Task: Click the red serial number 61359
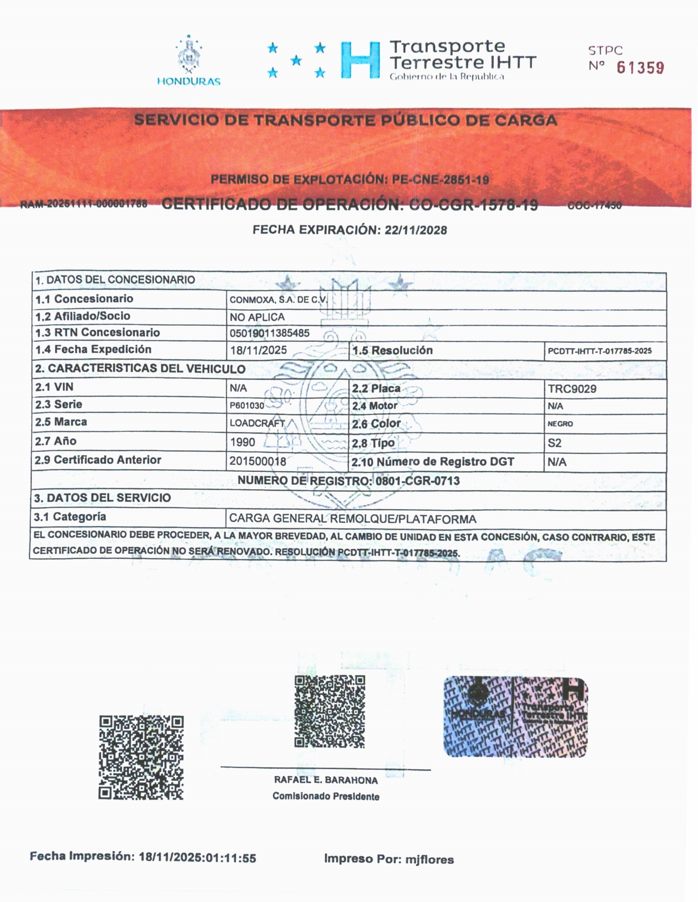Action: [x=640, y=68]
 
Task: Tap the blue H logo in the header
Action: [x=360, y=60]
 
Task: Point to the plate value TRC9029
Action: [x=572, y=389]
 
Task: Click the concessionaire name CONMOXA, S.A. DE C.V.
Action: [x=278, y=300]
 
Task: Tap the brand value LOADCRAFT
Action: [x=257, y=423]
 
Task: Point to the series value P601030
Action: [x=247, y=406]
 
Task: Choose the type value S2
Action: [x=554, y=443]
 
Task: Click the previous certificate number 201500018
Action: [x=258, y=461]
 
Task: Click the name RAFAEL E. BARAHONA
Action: [x=326, y=780]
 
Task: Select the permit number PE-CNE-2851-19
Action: [x=440, y=180]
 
